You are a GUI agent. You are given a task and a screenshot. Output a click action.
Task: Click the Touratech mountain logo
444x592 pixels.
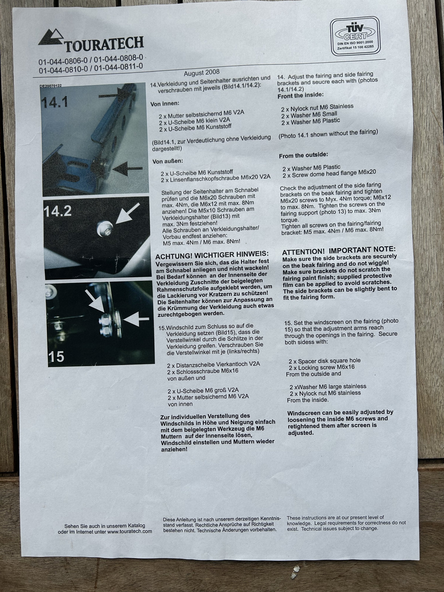[x=51, y=38]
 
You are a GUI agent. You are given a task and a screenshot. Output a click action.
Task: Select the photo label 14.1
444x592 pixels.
[x=54, y=102]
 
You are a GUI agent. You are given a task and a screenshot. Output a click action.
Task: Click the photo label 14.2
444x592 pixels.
[x=58, y=211]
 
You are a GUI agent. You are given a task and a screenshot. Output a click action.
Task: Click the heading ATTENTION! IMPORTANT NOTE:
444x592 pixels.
[x=339, y=250]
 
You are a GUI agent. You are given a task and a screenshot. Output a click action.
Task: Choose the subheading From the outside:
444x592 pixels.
[x=304, y=155]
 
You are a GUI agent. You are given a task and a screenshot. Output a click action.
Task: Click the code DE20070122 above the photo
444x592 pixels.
[x=51, y=86]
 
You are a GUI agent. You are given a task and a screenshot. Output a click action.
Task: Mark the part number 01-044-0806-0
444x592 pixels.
[x=63, y=61]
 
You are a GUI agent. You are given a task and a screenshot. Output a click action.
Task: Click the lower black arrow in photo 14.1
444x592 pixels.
[x=127, y=169]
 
